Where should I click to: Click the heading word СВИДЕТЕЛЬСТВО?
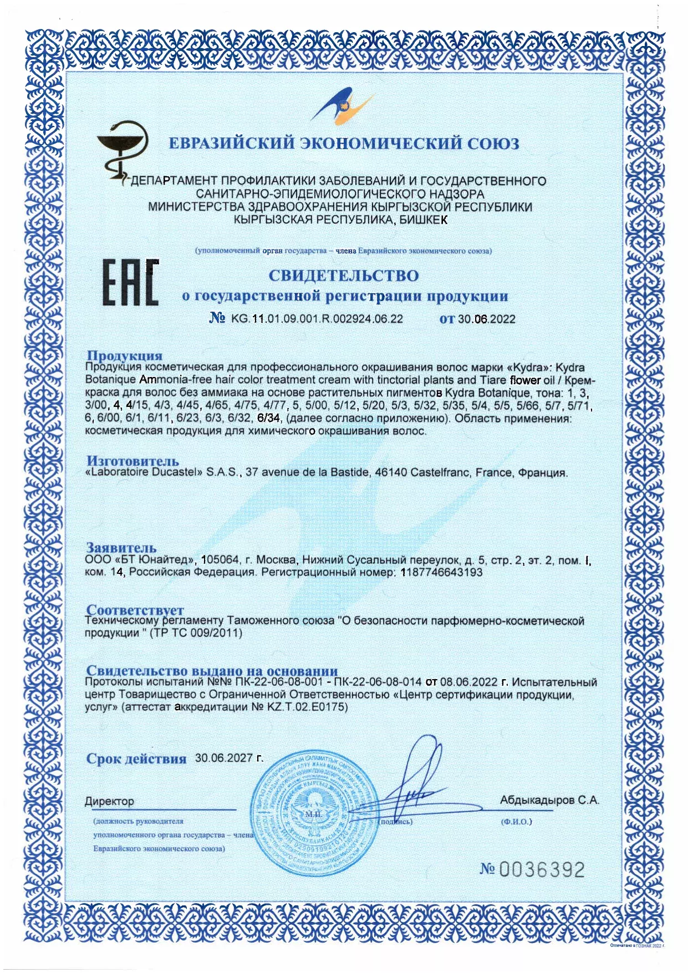click(x=344, y=276)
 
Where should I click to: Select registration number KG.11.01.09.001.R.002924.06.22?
click(x=317, y=319)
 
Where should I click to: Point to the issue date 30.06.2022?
click(x=486, y=319)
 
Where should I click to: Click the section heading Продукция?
click(x=125, y=355)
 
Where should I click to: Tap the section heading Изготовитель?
click(x=132, y=461)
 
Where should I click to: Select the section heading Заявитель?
click(x=121, y=548)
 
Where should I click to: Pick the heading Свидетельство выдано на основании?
click(x=212, y=671)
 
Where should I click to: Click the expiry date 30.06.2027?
click(x=229, y=758)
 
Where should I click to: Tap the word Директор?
click(x=109, y=801)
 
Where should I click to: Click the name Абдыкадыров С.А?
click(x=549, y=800)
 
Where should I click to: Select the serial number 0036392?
click(x=542, y=869)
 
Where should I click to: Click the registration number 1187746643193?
click(x=441, y=572)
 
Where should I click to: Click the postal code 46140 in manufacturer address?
click(x=391, y=472)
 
